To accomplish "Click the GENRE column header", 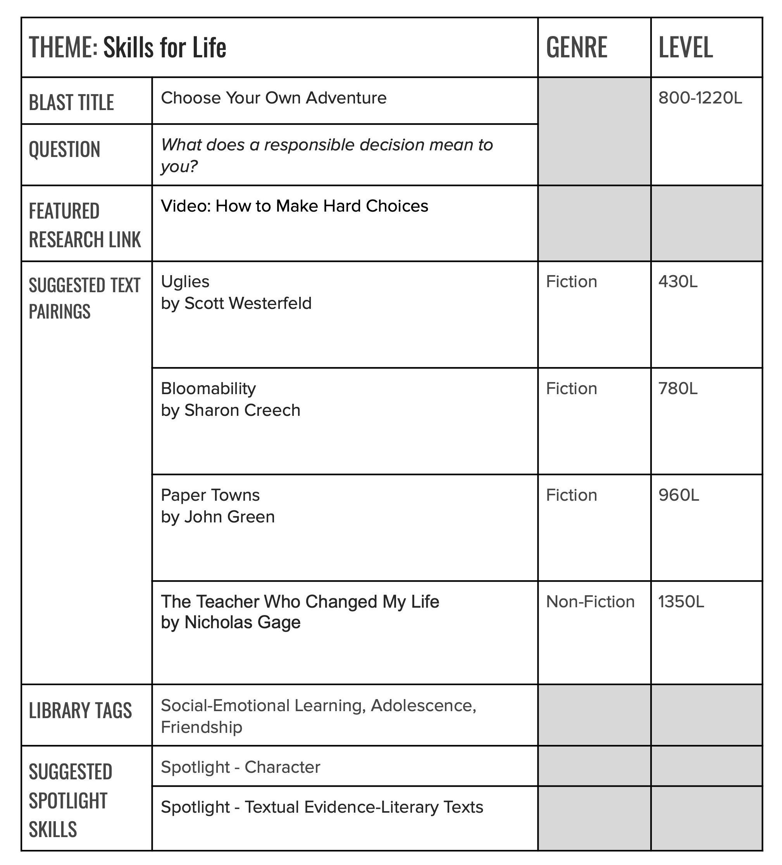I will tap(576, 47).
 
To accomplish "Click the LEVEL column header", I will tap(685, 47).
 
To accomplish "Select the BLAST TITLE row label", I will tap(71, 103).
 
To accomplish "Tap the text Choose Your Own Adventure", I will tap(273, 98).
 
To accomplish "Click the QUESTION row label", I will tap(64, 149).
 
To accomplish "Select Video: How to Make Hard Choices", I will tap(294, 206).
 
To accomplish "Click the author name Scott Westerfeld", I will tap(248, 303).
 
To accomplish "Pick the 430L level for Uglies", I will tap(678, 281).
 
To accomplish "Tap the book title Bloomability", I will tap(208, 388).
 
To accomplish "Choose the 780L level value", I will tap(678, 388).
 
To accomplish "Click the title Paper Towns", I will tap(210, 495).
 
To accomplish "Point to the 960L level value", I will tap(679, 495).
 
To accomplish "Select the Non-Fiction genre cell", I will tap(590, 601).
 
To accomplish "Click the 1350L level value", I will tap(681, 601).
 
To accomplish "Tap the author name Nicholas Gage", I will tap(242, 622).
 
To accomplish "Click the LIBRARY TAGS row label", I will tap(80, 710).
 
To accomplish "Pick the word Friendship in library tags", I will tap(201, 727).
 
